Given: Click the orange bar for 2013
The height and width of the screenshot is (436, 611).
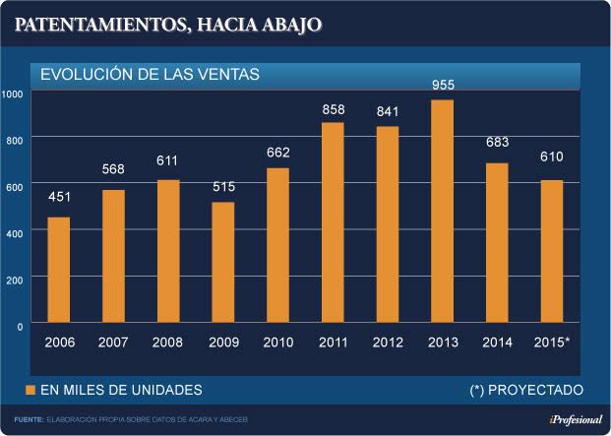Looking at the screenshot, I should pos(443,212).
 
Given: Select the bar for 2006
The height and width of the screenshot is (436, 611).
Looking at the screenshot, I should pos(59,271).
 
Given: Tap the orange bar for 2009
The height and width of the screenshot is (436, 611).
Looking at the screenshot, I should pos(223,263).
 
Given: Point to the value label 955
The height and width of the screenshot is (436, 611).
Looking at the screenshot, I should pos(443,86).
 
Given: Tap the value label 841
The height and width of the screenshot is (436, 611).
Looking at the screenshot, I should pos(388,110).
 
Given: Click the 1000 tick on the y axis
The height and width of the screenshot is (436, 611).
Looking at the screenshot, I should pos(13,93).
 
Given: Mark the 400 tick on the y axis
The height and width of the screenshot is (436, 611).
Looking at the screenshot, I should pos(13,232).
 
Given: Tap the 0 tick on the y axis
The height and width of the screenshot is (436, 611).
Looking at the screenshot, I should pos(19,325).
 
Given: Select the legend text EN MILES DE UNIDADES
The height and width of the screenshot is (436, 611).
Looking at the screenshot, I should pos(121,390).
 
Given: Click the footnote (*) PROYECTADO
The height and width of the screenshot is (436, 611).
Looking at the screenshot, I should pos(526,390).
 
